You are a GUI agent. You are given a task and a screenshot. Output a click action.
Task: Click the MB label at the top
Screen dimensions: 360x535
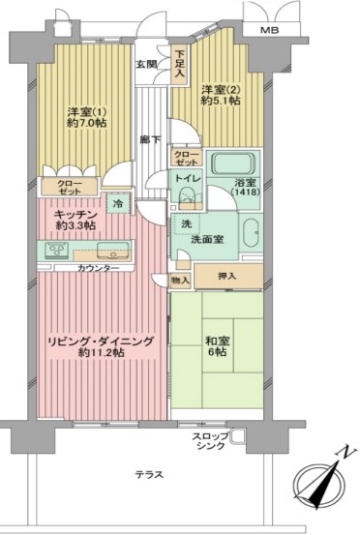(270, 30)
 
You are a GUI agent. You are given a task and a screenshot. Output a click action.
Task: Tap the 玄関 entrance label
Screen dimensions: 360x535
(147, 65)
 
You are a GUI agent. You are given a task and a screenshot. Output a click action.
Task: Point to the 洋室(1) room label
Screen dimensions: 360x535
(87, 111)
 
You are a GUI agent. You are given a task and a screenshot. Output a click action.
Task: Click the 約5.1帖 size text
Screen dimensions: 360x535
(221, 101)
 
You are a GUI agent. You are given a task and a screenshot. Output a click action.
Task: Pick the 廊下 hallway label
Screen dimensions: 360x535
(151, 140)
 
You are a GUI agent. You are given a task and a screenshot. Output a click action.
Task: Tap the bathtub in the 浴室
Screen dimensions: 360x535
(233, 163)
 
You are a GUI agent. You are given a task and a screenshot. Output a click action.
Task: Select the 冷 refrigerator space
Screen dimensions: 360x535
(118, 204)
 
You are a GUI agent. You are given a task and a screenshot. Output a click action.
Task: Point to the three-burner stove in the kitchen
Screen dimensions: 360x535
(57, 251)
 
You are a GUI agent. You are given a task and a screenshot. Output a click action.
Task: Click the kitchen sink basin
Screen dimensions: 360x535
(113, 251)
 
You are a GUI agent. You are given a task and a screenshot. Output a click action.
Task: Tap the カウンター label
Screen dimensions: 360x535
(99, 269)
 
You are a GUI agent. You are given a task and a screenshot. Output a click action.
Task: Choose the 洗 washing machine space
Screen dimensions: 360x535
(186, 223)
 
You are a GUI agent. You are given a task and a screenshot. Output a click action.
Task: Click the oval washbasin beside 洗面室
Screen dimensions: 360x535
(253, 233)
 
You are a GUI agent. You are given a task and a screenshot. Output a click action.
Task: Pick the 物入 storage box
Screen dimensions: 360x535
(180, 281)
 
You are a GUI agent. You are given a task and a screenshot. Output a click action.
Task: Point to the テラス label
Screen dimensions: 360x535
(149, 475)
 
